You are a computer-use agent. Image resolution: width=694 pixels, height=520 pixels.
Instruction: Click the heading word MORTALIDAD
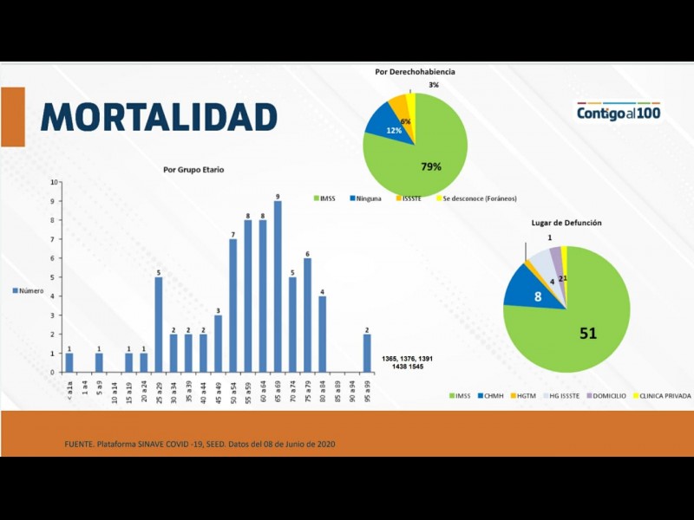pyautogui.click(x=158, y=116)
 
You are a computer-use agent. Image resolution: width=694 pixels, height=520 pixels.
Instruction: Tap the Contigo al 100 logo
pyautogui.click(x=619, y=113)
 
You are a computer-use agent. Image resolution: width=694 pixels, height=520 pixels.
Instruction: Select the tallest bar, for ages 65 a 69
pyautogui.click(x=278, y=286)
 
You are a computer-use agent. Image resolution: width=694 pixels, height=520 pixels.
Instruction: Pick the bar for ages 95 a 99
pyautogui.click(x=367, y=353)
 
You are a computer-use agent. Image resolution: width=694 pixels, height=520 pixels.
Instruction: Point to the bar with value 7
pyautogui.click(x=233, y=305)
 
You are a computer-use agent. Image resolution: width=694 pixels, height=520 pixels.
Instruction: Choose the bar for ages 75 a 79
pyautogui.click(x=307, y=315)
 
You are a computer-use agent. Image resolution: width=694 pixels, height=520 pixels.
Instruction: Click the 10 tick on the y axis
pyautogui.click(x=55, y=182)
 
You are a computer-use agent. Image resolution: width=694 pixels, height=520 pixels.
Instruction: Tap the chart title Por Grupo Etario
pyautogui.click(x=193, y=170)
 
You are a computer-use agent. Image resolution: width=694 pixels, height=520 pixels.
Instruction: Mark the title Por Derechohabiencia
pyautogui.click(x=415, y=72)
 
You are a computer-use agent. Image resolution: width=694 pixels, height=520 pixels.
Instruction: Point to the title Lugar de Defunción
pyautogui.click(x=566, y=223)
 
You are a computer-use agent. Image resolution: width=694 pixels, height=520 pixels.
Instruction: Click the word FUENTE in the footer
pyautogui.click(x=79, y=445)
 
